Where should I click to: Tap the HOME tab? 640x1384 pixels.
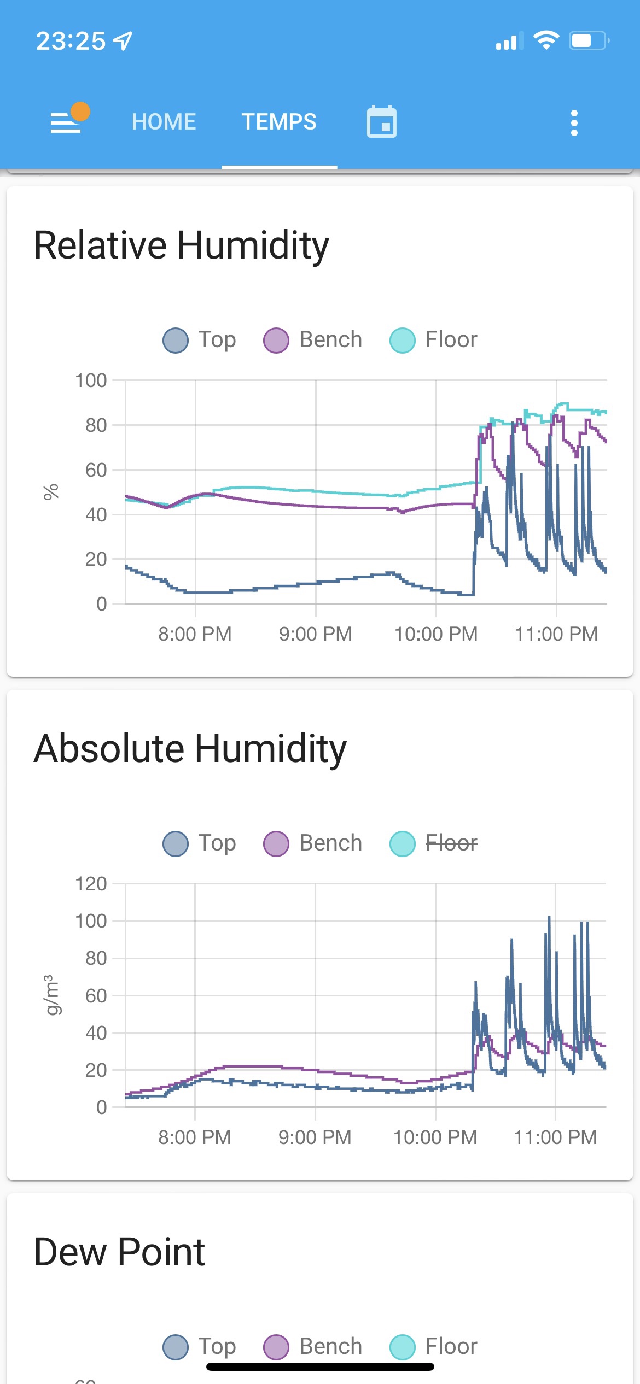(164, 122)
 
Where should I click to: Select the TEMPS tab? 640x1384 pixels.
(279, 122)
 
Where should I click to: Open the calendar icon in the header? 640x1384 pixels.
(381, 122)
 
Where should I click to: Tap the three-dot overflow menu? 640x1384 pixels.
(574, 123)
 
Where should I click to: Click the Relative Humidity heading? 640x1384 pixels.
(182, 245)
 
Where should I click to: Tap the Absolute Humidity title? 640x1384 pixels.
(190, 749)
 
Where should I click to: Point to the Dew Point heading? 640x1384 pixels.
(119, 1252)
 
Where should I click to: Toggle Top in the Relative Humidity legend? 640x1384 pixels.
(200, 339)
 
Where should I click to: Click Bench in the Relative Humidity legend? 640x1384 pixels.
(313, 339)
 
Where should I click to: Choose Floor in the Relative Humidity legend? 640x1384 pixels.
(434, 339)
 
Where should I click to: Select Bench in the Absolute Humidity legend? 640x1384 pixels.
(313, 843)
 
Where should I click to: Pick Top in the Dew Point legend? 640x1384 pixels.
(200, 1346)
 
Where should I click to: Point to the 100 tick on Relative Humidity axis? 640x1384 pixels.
(91, 380)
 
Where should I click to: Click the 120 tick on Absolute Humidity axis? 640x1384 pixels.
(91, 884)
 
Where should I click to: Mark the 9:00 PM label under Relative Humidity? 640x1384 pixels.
(315, 634)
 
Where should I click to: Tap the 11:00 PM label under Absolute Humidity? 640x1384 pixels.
(555, 1137)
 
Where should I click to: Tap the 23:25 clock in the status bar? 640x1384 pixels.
(71, 41)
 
